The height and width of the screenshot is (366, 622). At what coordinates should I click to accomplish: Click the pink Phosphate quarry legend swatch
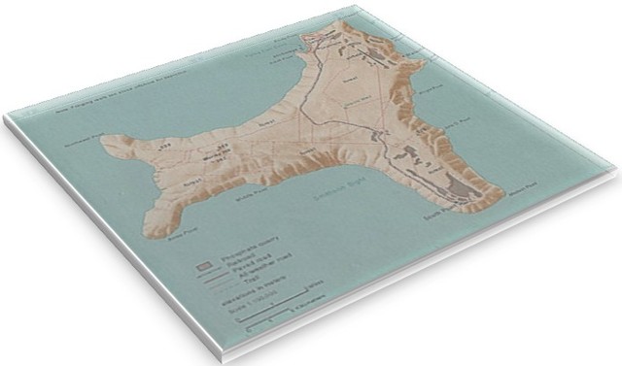(x=202, y=262)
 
